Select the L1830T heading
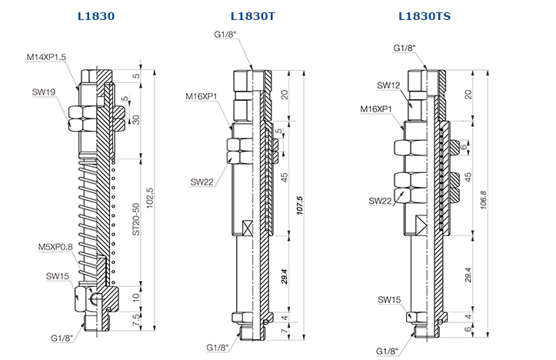(x=253, y=15)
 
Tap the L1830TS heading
(x=425, y=15)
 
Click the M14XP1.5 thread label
(x=48, y=57)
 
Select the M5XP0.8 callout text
(x=56, y=247)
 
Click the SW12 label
(x=389, y=85)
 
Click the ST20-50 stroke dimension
(x=135, y=219)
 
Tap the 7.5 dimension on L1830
(x=135, y=319)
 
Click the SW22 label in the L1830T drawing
(x=202, y=182)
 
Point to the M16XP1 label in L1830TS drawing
(x=378, y=109)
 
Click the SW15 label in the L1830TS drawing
(x=389, y=299)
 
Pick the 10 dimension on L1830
(x=135, y=296)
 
